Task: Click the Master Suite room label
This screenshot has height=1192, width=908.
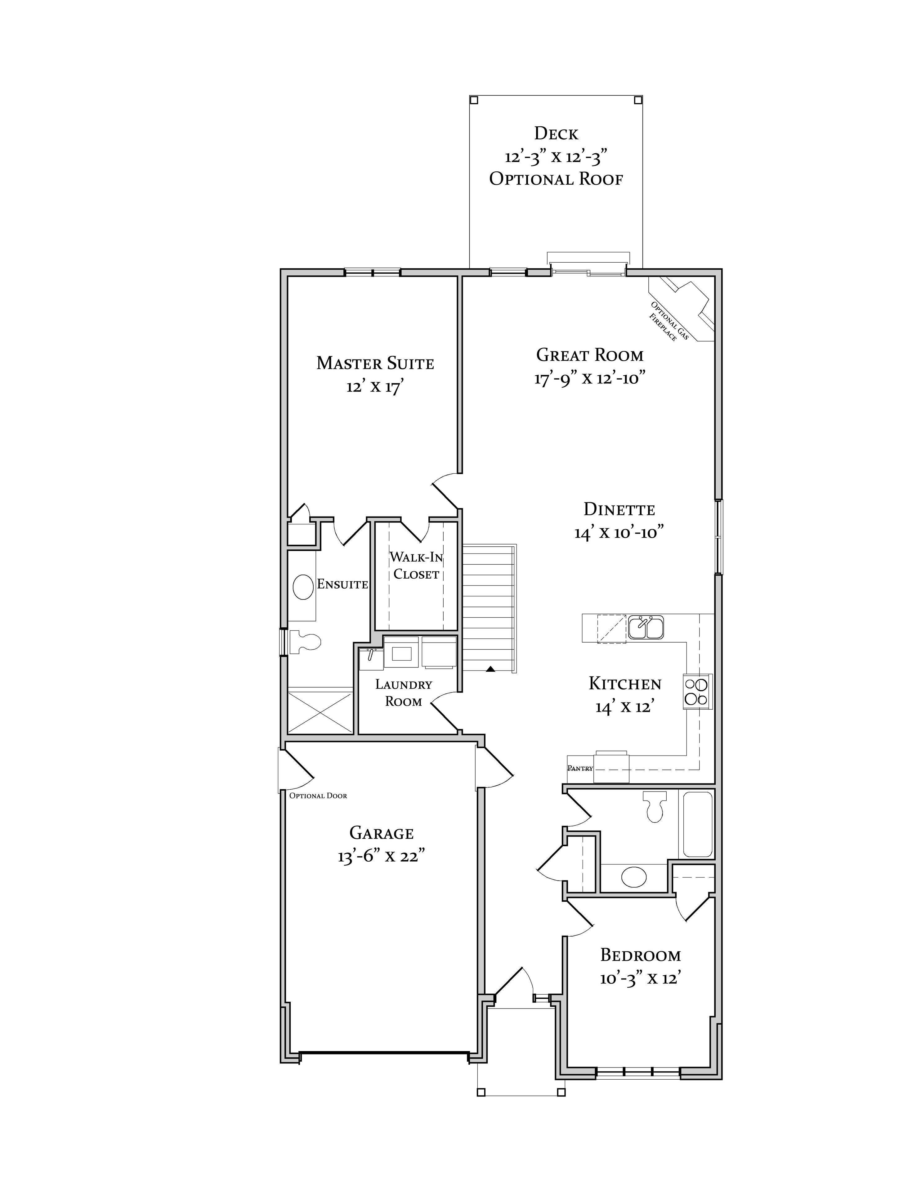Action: (375, 363)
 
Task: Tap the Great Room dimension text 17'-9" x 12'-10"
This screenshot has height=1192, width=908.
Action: (590, 378)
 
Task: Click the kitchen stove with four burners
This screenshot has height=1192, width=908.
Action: (697, 691)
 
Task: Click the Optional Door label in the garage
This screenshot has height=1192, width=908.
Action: (318, 796)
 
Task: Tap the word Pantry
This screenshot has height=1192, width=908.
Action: (580, 768)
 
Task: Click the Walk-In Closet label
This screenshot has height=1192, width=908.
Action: (416, 565)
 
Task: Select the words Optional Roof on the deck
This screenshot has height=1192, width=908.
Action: (556, 179)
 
